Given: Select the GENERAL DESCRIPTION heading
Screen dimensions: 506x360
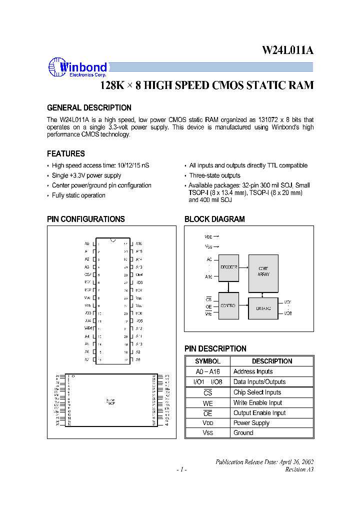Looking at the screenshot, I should pyautogui.click(x=89, y=108).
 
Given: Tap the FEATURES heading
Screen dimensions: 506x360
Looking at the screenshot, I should pyautogui.click(x=66, y=154).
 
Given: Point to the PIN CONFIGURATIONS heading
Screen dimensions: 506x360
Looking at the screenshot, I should pyautogui.click(x=86, y=219).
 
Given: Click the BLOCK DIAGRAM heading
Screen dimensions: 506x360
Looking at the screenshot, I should pyautogui.click(x=214, y=219).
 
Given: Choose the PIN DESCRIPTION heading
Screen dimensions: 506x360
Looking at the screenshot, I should pyautogui.click(x=215, y=348).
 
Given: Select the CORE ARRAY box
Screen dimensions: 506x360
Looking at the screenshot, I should pyautogui.click(x=263, y=271).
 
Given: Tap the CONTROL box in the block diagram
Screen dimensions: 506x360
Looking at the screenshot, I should pyautogui.click(x=228, y=305).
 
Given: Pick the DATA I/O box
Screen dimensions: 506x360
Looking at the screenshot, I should pyautogui.click(x=263, y=309).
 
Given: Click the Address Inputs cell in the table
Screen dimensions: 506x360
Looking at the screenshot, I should pyautogui.click(x=253, y=371).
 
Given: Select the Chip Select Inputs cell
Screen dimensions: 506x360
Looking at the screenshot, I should pyautogui.click(x=257, y=392).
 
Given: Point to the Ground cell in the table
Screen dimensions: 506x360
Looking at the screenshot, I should pyautogui.click(x=243, y=433).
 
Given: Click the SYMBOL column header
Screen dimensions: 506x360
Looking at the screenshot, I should pyautogui.click(x=207, y=361).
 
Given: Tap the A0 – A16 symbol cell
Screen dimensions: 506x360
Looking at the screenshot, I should pyautogui.click(x=207, y=371).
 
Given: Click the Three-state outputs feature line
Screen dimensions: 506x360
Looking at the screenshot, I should pyautogui.click(x=214, y=175).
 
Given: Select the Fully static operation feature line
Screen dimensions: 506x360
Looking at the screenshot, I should pyautogui.click(x=78, y=195).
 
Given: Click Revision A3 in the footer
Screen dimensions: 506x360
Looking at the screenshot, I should pyautogui.click(x=299, y=469).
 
